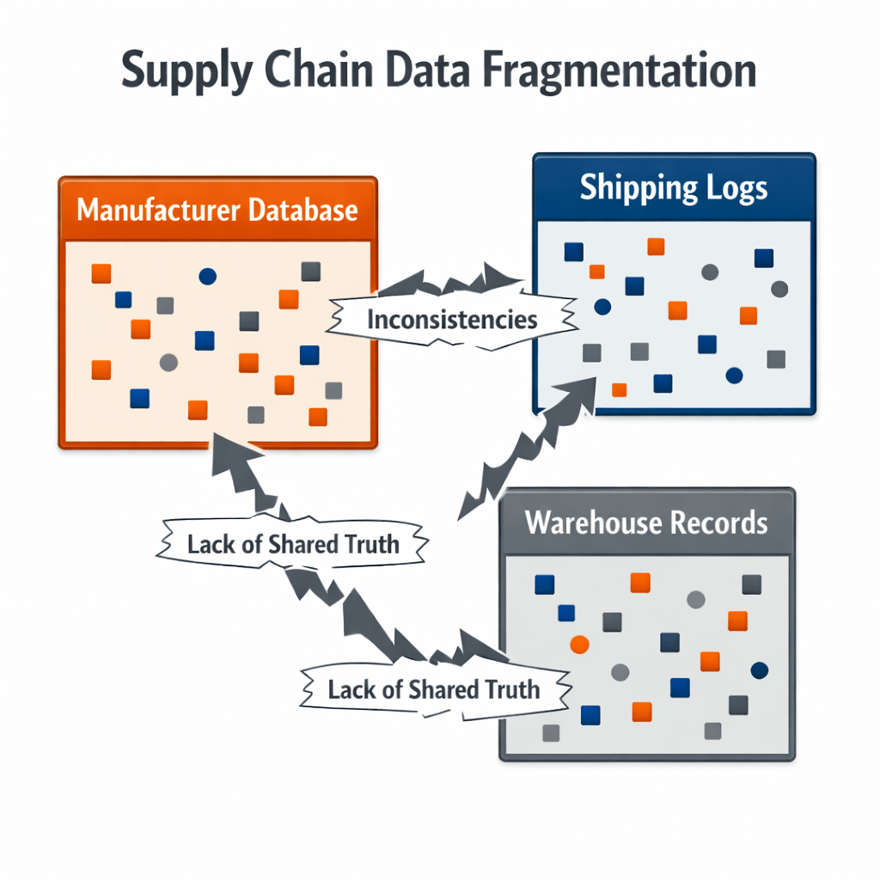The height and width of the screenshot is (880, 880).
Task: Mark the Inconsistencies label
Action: pyautogui.click(x=452, y=320)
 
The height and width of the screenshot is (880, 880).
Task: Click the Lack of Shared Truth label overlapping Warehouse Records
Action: pyautogui.click(x=434, y=688)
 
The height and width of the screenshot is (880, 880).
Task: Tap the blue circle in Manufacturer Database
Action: pyautogui.click(x=207, y=276)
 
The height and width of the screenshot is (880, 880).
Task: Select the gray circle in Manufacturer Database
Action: pyautogui.click(x=168, y=363)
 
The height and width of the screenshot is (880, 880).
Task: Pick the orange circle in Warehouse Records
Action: pyautogui.click(x=578, y=644)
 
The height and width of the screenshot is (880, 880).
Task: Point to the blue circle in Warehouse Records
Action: pyautogui.click(x=759, y=670)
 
